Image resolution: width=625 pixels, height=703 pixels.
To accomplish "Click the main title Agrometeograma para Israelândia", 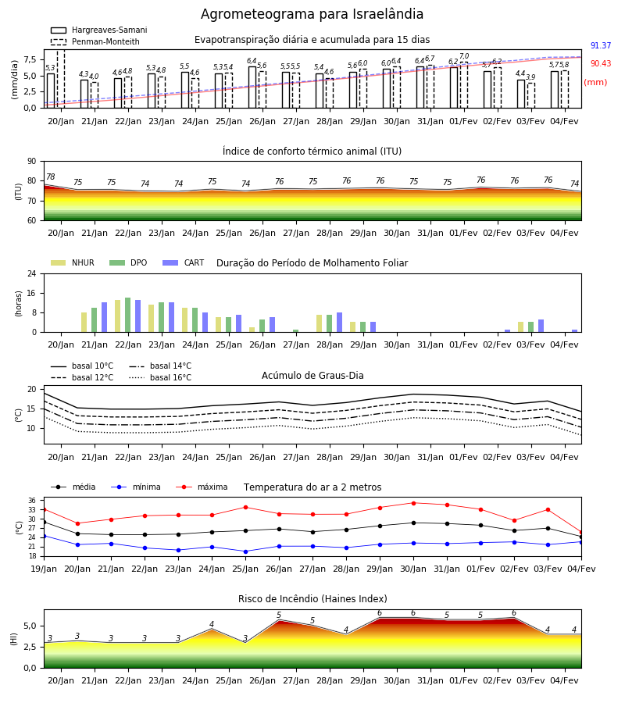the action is point(312,14).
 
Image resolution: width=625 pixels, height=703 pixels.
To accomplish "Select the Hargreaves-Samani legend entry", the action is point(98,30).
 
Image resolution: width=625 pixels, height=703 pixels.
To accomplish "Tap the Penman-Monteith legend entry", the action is point(95,41).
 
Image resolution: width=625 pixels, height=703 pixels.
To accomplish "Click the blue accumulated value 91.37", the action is point(601,46).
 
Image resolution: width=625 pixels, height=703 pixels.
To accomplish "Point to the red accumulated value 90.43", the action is point(601,64).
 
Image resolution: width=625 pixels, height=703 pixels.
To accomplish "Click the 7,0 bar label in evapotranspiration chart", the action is point(464,56).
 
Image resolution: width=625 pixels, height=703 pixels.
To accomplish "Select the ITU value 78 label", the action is point(51,177).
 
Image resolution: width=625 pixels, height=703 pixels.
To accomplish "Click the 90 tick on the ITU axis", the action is point(32,162).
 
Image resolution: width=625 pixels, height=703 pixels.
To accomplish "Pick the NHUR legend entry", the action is point(73,262).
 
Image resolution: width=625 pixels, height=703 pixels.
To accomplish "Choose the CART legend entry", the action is point(184,262).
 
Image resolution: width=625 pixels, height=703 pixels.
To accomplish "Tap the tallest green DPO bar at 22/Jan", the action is point(128,315).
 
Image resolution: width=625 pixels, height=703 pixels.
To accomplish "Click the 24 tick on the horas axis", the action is point(32,273).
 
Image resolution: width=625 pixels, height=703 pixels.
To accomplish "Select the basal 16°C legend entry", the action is point(160,377).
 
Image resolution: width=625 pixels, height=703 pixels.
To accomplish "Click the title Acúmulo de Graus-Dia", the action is point(312,376).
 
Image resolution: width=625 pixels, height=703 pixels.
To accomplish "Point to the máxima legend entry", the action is point(202,487).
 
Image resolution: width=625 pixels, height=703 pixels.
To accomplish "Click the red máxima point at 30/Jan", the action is point(413,503).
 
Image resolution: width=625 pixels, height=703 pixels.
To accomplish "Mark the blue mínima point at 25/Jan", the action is point(245,551).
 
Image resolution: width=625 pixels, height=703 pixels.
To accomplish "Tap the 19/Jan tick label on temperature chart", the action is point(44,569).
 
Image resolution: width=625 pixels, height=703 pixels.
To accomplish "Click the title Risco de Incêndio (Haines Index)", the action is point(312,599).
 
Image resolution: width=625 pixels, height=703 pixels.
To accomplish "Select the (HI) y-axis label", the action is point(13,639).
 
